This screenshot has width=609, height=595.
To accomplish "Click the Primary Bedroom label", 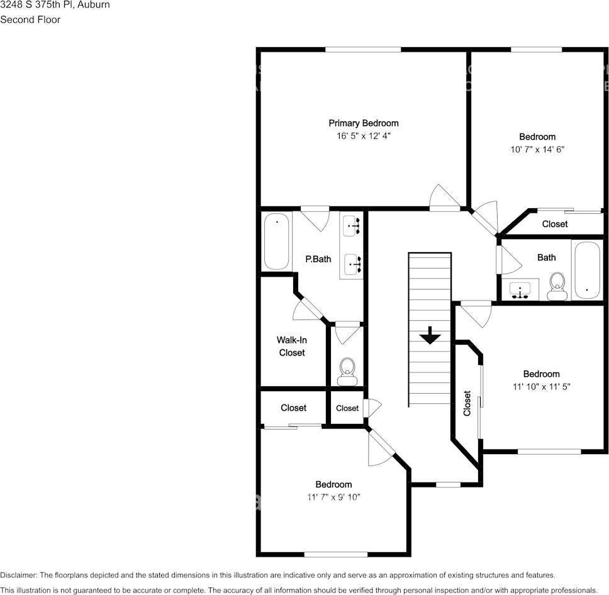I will tap(364, 123).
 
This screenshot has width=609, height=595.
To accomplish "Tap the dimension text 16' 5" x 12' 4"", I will tap(364, 136).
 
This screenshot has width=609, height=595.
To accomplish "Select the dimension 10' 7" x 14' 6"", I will tap(537, 150).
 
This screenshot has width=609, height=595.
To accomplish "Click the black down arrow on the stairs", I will tap(430, 335).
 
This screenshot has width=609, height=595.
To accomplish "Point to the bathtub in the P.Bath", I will tap(276, 242).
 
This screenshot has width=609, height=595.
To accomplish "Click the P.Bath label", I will tap(318, 259).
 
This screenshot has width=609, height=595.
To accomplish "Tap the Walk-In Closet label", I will tap(291, 347).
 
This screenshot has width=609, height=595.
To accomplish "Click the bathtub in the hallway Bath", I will tap(588, 270).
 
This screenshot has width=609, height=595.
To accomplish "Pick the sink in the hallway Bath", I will tap(520, 291).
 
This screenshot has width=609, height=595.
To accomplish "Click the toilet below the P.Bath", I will tap(347, 372).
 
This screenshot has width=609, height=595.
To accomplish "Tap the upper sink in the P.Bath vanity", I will tap(352, 225).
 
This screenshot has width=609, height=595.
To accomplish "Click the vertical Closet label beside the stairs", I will tap(467, 403).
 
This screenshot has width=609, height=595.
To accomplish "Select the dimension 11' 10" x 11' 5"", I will tap(541, 387).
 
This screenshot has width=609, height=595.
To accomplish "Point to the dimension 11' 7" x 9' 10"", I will tap(333, 497).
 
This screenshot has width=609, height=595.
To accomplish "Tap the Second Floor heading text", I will tap(30, 19).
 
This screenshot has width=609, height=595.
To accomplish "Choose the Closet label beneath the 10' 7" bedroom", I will tap(554, 224).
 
